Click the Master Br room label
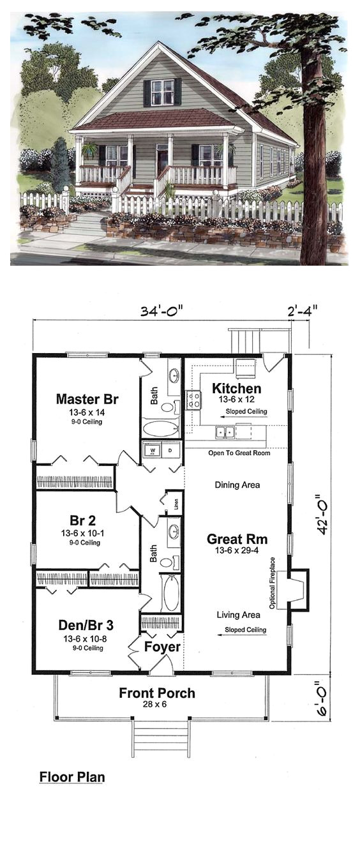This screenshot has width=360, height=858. (x=87, y=400)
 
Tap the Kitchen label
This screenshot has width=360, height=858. (x=236, y=388)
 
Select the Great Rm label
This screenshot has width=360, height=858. (x=232, y=538)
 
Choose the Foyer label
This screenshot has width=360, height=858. (x=162, y=647)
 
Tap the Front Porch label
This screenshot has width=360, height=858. (x=157, y=693)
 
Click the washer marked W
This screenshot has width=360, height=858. (x=153, y=449)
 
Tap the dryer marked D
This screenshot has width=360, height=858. (x=170, y=449)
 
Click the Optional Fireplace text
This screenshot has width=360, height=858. (x=272, y=583)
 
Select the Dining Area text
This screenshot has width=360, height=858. (x=237, y=485)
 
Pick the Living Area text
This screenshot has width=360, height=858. (x=237, y=615)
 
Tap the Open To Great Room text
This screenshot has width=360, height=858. (x=239, y=453)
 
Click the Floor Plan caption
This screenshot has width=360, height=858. (x=72, y=777)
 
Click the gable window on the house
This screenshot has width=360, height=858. (x=162, y=93)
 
